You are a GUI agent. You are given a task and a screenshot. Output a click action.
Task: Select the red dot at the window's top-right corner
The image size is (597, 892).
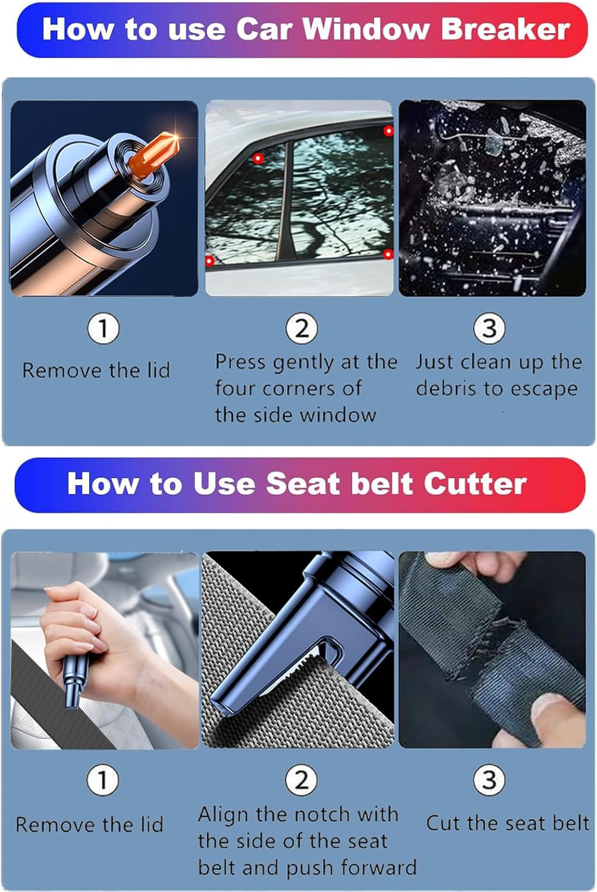coord(388,131)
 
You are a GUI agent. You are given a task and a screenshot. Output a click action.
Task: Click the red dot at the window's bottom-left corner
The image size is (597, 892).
coord(209,260)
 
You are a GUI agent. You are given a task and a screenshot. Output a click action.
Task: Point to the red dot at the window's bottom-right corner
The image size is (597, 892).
coord(388,255)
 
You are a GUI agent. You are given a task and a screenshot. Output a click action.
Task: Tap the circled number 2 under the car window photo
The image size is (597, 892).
coord(301,328)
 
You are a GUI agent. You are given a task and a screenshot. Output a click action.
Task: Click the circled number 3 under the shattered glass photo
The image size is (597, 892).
coord(489,328)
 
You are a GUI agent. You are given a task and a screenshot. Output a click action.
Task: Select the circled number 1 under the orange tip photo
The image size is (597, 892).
coord(103,328)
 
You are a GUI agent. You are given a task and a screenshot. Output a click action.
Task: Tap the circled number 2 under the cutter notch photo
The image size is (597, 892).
coord(301,780)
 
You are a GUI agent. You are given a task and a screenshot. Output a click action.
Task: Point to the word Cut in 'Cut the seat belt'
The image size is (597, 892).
coord(444,823)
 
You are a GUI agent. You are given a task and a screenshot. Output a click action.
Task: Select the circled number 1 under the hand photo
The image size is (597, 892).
coord(102,780)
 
